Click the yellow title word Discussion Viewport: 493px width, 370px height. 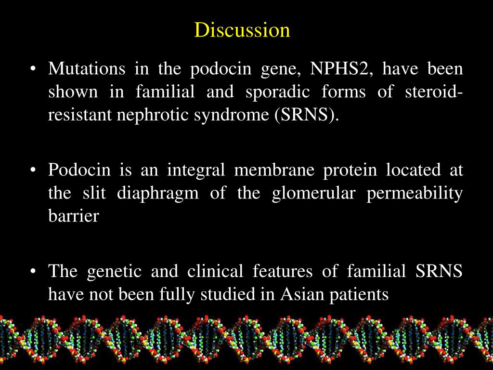(242, 30)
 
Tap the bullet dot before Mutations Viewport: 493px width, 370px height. (33, 69)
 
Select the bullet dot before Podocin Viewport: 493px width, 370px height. (33, 171)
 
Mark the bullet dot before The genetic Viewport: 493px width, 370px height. (33, 272)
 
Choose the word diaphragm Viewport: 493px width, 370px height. (158, 193)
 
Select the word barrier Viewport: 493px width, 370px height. (73, 216)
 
